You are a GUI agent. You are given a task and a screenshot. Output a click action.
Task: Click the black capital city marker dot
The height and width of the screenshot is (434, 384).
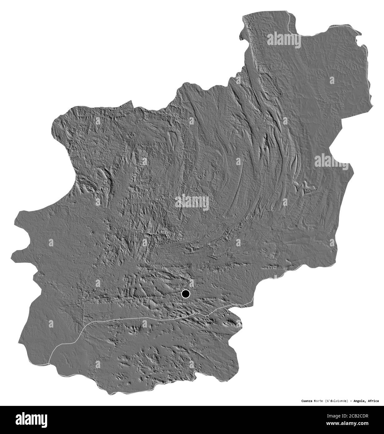[x=186, y=294]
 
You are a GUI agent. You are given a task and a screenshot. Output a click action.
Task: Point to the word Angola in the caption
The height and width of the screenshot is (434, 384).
[x=363, y=401]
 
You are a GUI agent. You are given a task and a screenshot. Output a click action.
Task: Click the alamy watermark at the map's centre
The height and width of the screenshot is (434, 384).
[x=192, y=202]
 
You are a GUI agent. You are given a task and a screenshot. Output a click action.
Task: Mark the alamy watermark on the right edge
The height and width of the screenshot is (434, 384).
[x=331, y=161]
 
